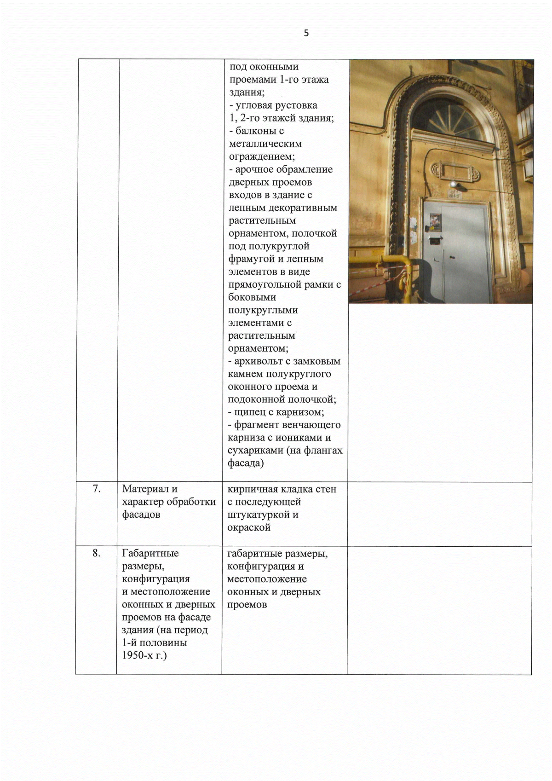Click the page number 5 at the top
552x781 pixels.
[x=306, y=33]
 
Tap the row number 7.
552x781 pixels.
[x=97, y=489]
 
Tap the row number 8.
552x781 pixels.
[x=96, y=553]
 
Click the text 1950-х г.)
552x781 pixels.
[x=144, y=655]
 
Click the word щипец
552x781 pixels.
[x=249, y=412]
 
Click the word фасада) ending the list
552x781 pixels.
[x=246, y=463]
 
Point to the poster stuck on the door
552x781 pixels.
[x=435, y=222]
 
